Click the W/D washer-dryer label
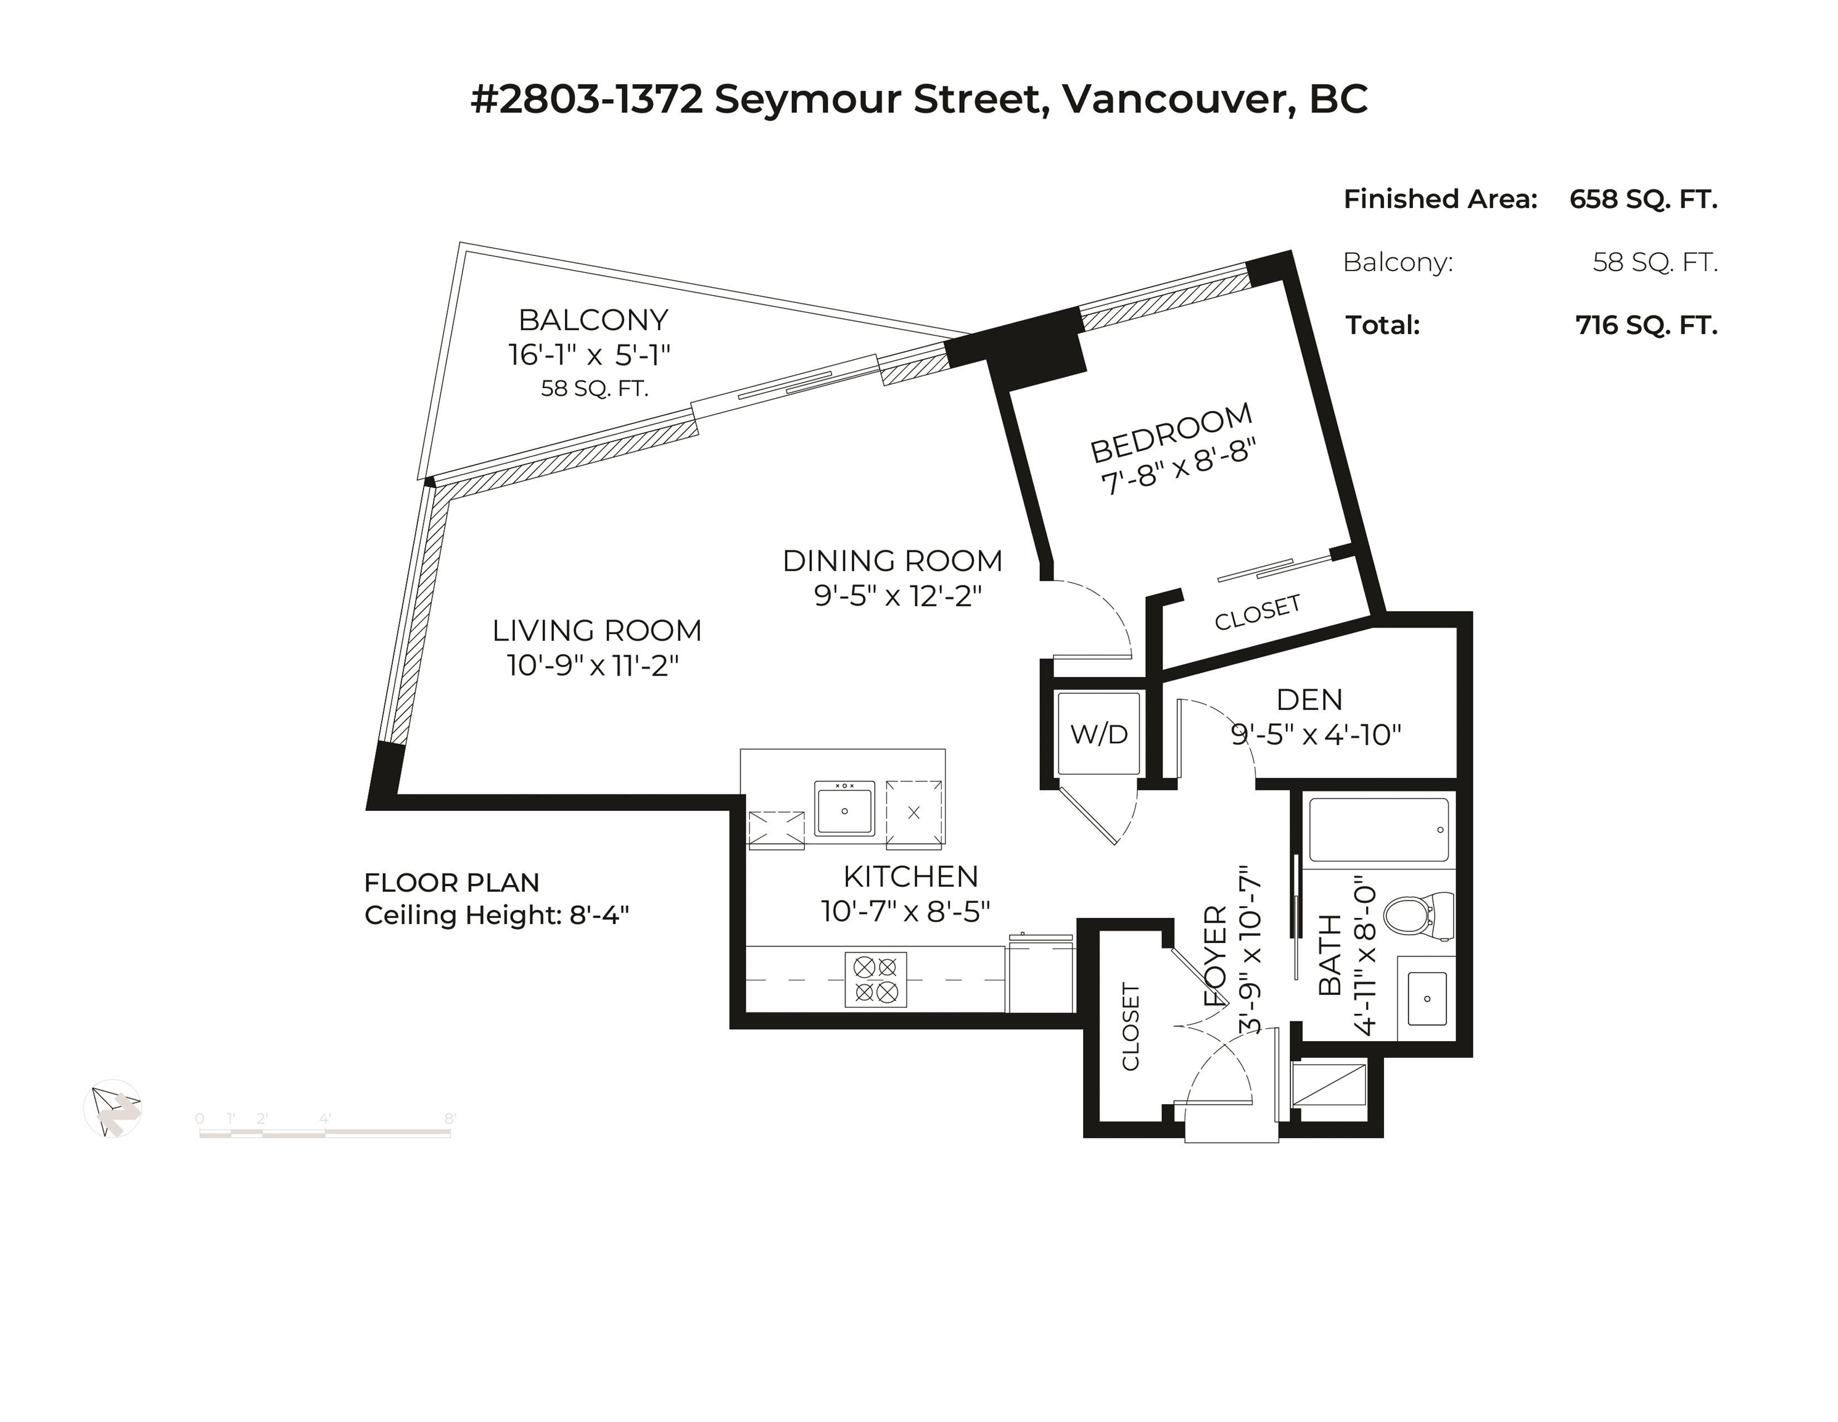pyautogui.click(x=1099, y=734)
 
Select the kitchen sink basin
pyautogui.click(x=844, y=809)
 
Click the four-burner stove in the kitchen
pyautogui.click(x=875, y=979)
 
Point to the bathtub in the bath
pyautogui.click(x=1378, y=830)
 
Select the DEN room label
pyautogui.click(x=1309, y=700)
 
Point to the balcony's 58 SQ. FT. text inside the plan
pyautogui.click(x=594, y=389)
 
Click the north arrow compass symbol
pyautogui.click(x=113, y=1109)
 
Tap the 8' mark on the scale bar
pyautogui.click(x=450, y=1118)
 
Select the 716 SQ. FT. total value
pyautogui.click(x=1646, y=325)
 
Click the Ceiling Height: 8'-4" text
pyautogui.click(x=497, y=915)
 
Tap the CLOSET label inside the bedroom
pyautogui.click(x=1258, y=612)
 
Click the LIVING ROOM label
pyautogui.click(x=596, y=631)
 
